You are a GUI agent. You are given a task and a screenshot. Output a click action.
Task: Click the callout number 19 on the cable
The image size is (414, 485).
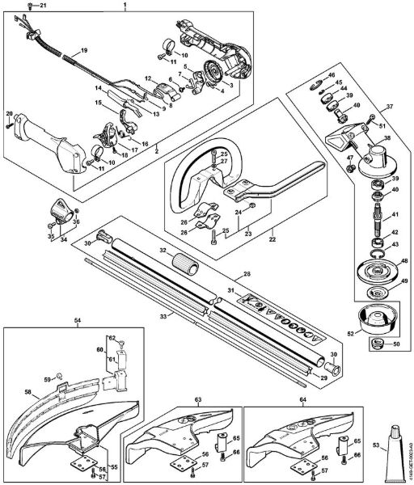[83, 52]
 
